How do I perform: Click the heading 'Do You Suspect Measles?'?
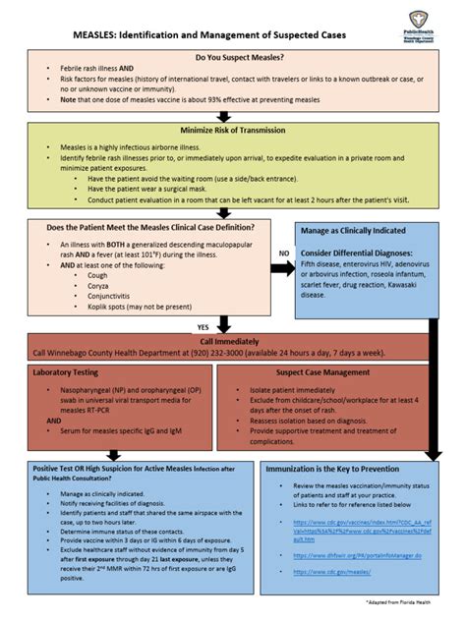[x=233, y=58]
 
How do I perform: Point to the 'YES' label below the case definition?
[x=203, y=327]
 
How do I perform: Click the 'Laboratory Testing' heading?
[x=66, y=372]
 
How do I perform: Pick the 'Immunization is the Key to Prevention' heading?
[x=332, y=470]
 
